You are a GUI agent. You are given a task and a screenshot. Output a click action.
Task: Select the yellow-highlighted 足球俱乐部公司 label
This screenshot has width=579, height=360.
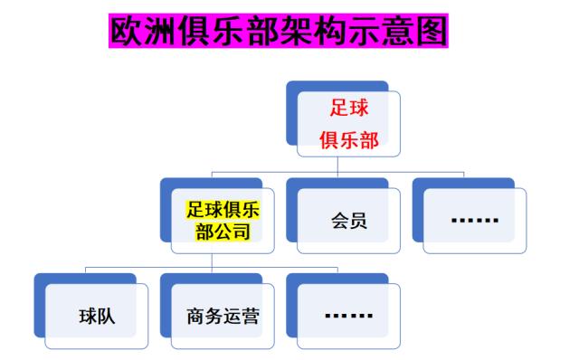223,221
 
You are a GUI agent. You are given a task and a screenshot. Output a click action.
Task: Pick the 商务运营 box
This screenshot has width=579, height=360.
223,317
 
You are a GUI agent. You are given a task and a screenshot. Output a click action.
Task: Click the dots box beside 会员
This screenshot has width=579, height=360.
474,221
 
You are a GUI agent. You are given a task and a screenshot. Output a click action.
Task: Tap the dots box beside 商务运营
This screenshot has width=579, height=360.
348,316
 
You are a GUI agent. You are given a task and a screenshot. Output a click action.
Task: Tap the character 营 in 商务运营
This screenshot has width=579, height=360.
251,317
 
